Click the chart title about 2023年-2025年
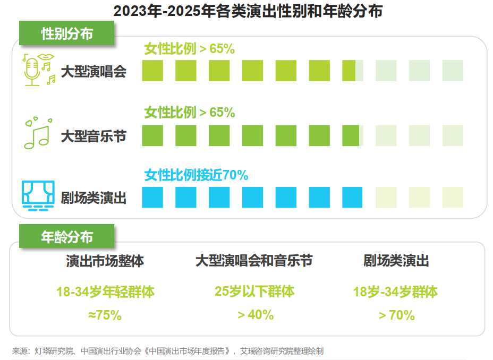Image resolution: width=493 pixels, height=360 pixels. tap(248, 11)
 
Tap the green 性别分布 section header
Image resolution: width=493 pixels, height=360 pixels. tap(67, 33)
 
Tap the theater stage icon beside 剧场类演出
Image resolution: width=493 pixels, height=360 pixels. tap(37, 194)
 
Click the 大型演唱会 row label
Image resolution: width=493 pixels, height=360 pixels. tap(93, 72)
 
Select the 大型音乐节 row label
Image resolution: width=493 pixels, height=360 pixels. tap(93, 136)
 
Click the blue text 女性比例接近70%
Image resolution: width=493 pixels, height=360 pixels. tap(197, 175)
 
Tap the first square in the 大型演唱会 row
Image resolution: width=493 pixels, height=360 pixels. tap(152, 71)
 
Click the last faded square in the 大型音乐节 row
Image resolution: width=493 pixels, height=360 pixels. tap(453, 135)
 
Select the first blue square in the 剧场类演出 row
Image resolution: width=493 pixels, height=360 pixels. tap(152, 198)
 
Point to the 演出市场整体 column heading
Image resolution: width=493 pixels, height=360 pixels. tap(105, 261)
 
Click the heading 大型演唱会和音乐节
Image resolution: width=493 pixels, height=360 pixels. tap(254, 261)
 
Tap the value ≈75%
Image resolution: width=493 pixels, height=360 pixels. tap(105, 315)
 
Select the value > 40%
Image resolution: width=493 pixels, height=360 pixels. tap(256, 315)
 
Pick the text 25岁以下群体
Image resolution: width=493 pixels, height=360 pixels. tap(254, 292)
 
